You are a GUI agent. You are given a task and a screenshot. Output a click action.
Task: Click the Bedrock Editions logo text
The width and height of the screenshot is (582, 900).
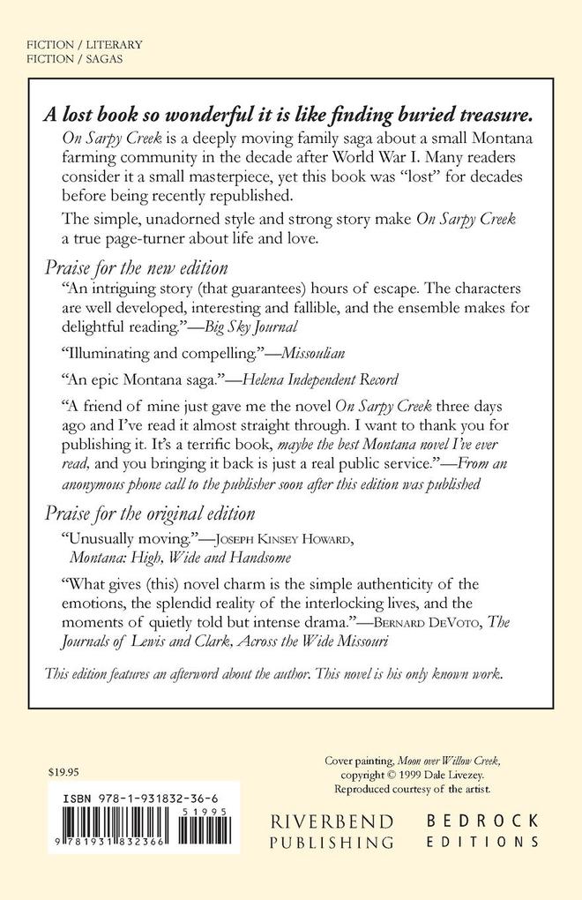(x=482, y=830)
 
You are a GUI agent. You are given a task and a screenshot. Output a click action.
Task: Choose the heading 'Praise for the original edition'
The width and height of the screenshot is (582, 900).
(x=149, y=513)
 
